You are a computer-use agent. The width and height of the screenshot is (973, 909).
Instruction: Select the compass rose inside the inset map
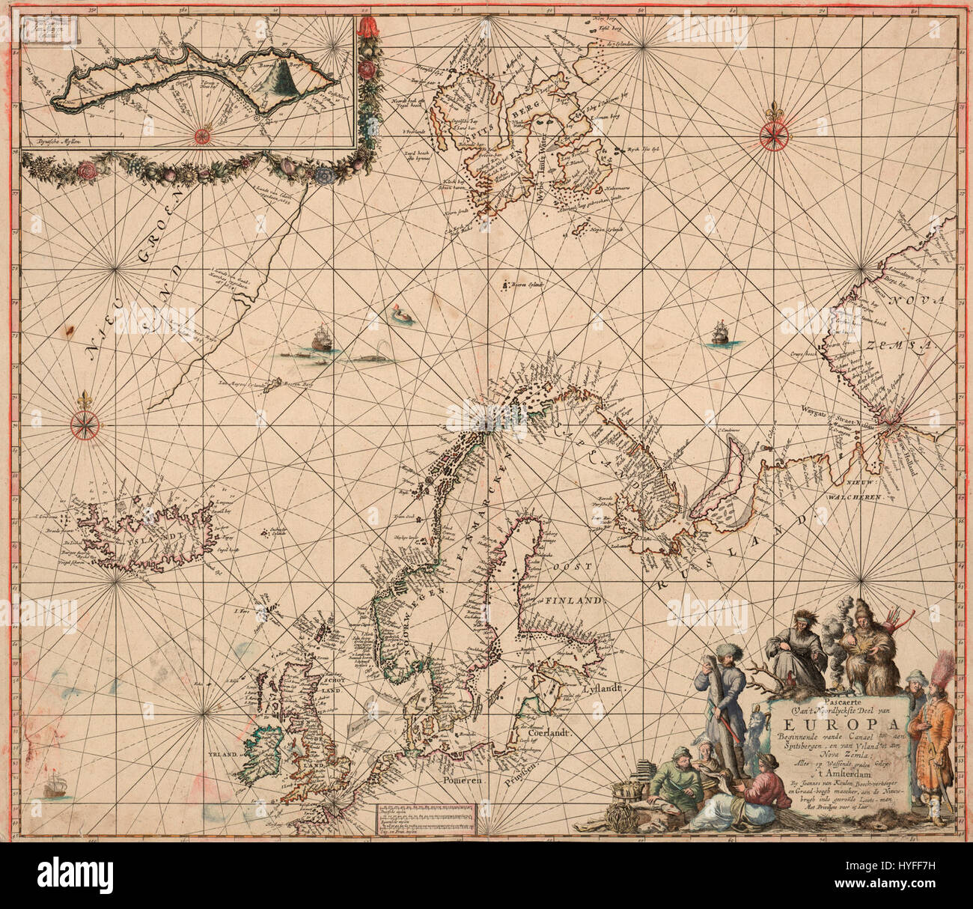pos(202,135)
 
